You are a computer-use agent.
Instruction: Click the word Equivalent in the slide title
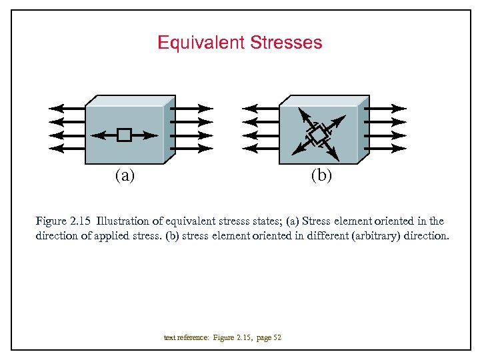pyautogui.click(x=201, y=43)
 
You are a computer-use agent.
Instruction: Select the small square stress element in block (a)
pyautogui.click(x=123, y=135)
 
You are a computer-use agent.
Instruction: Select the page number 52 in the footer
pyautogui.click(x=277, y=338)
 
